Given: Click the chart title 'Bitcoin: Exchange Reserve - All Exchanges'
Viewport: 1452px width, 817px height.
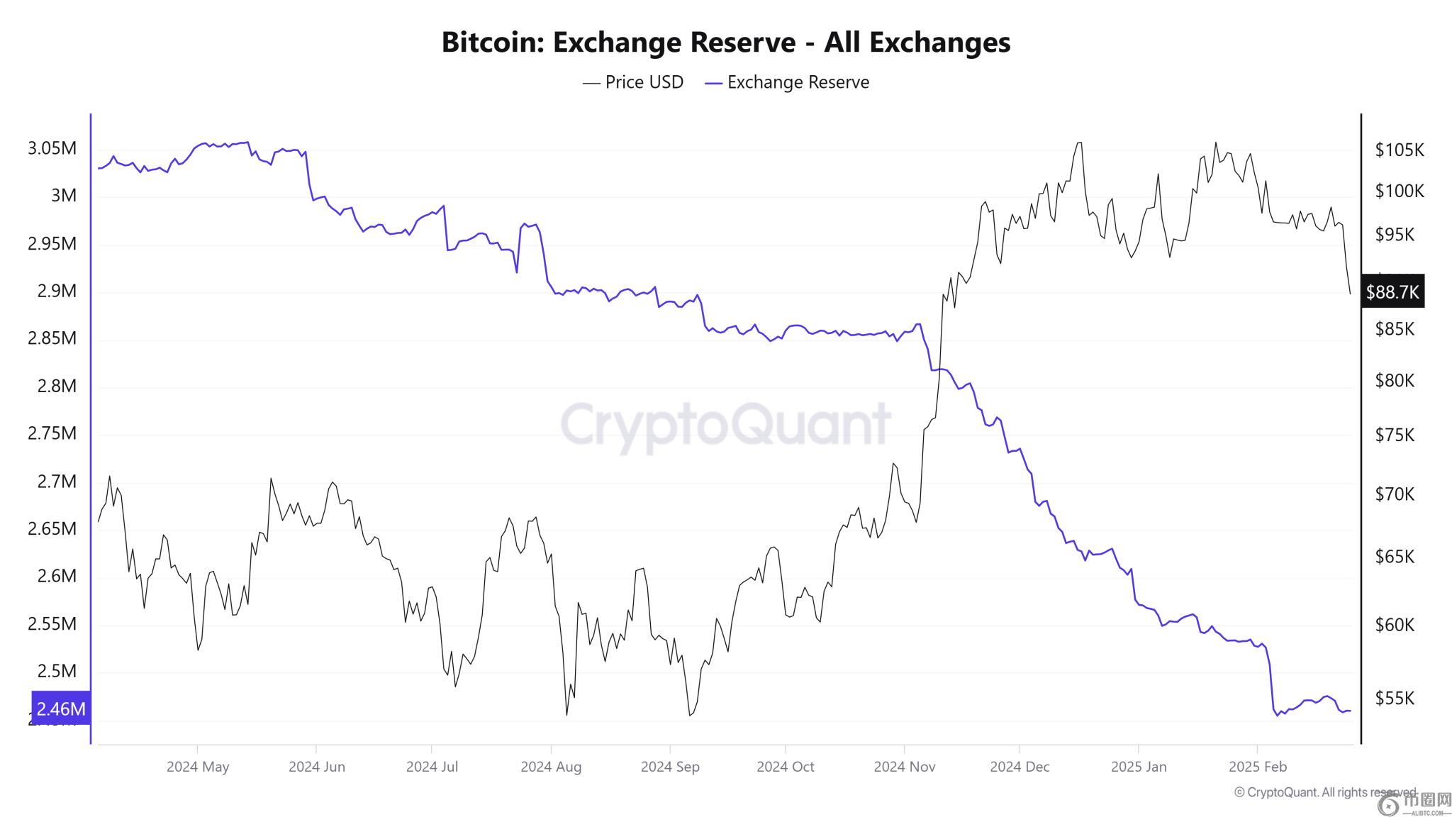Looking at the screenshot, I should (725, 43).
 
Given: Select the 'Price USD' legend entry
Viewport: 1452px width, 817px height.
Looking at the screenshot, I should (633, 82).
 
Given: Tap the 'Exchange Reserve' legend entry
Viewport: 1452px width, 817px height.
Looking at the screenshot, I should (788, 82).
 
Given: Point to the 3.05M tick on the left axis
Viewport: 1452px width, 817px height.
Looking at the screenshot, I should (52, 148).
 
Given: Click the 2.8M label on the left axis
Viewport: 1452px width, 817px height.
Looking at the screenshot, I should (56, 386).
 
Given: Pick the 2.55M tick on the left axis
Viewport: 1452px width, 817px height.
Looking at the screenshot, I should (52, 624).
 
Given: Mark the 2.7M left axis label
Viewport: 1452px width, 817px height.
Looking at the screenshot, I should (56, 482).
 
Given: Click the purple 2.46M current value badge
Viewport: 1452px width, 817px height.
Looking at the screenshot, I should (61, 708).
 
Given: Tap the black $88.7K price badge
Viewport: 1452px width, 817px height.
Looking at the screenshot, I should (1392, 291).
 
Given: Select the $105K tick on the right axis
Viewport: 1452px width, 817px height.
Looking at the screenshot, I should (1399, 150).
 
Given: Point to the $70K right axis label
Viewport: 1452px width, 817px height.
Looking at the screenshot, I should (1395, 494).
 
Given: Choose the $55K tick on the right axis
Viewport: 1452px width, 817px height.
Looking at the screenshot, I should (1395, 699).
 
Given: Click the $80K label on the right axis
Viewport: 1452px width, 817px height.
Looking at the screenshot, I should (1395, 381).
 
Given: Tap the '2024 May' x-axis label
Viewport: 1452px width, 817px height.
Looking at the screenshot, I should (198, 767).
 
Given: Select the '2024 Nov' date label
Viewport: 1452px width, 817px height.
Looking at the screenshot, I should (904, 767).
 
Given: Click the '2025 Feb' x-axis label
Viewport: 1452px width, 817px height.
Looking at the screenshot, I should (1257, 767).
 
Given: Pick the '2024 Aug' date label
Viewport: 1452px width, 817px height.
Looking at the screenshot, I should (551, 767).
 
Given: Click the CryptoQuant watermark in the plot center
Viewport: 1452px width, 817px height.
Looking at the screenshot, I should (725, 424).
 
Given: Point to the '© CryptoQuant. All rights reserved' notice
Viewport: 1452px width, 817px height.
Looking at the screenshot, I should (1324, 792).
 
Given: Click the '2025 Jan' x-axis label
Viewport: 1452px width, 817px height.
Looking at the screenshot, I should (1138, 767).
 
